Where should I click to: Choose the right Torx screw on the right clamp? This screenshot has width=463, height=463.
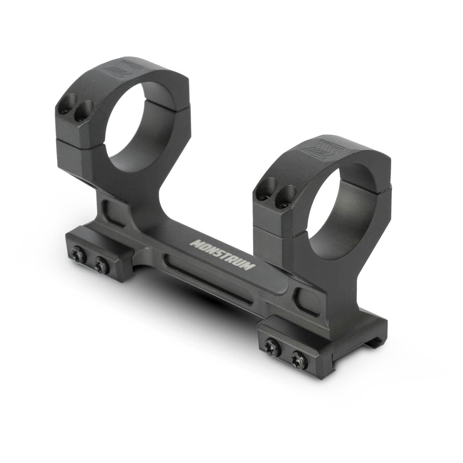[x=297, y=357]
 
